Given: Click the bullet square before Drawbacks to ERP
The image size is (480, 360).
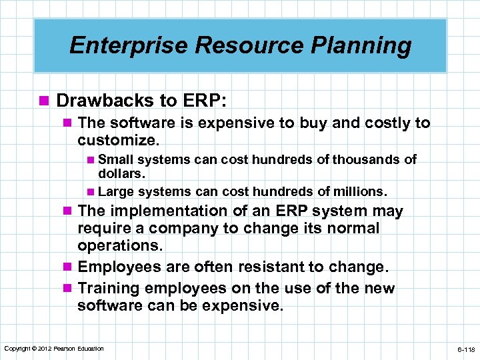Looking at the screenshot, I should coord(45,101).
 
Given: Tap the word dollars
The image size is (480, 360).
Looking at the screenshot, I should coord(121,173).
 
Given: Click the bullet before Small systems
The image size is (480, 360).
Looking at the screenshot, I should coord(91,160).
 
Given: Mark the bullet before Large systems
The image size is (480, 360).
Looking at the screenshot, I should coord(91,192).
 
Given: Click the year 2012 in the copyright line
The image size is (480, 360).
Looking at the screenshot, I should coord(43,349).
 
